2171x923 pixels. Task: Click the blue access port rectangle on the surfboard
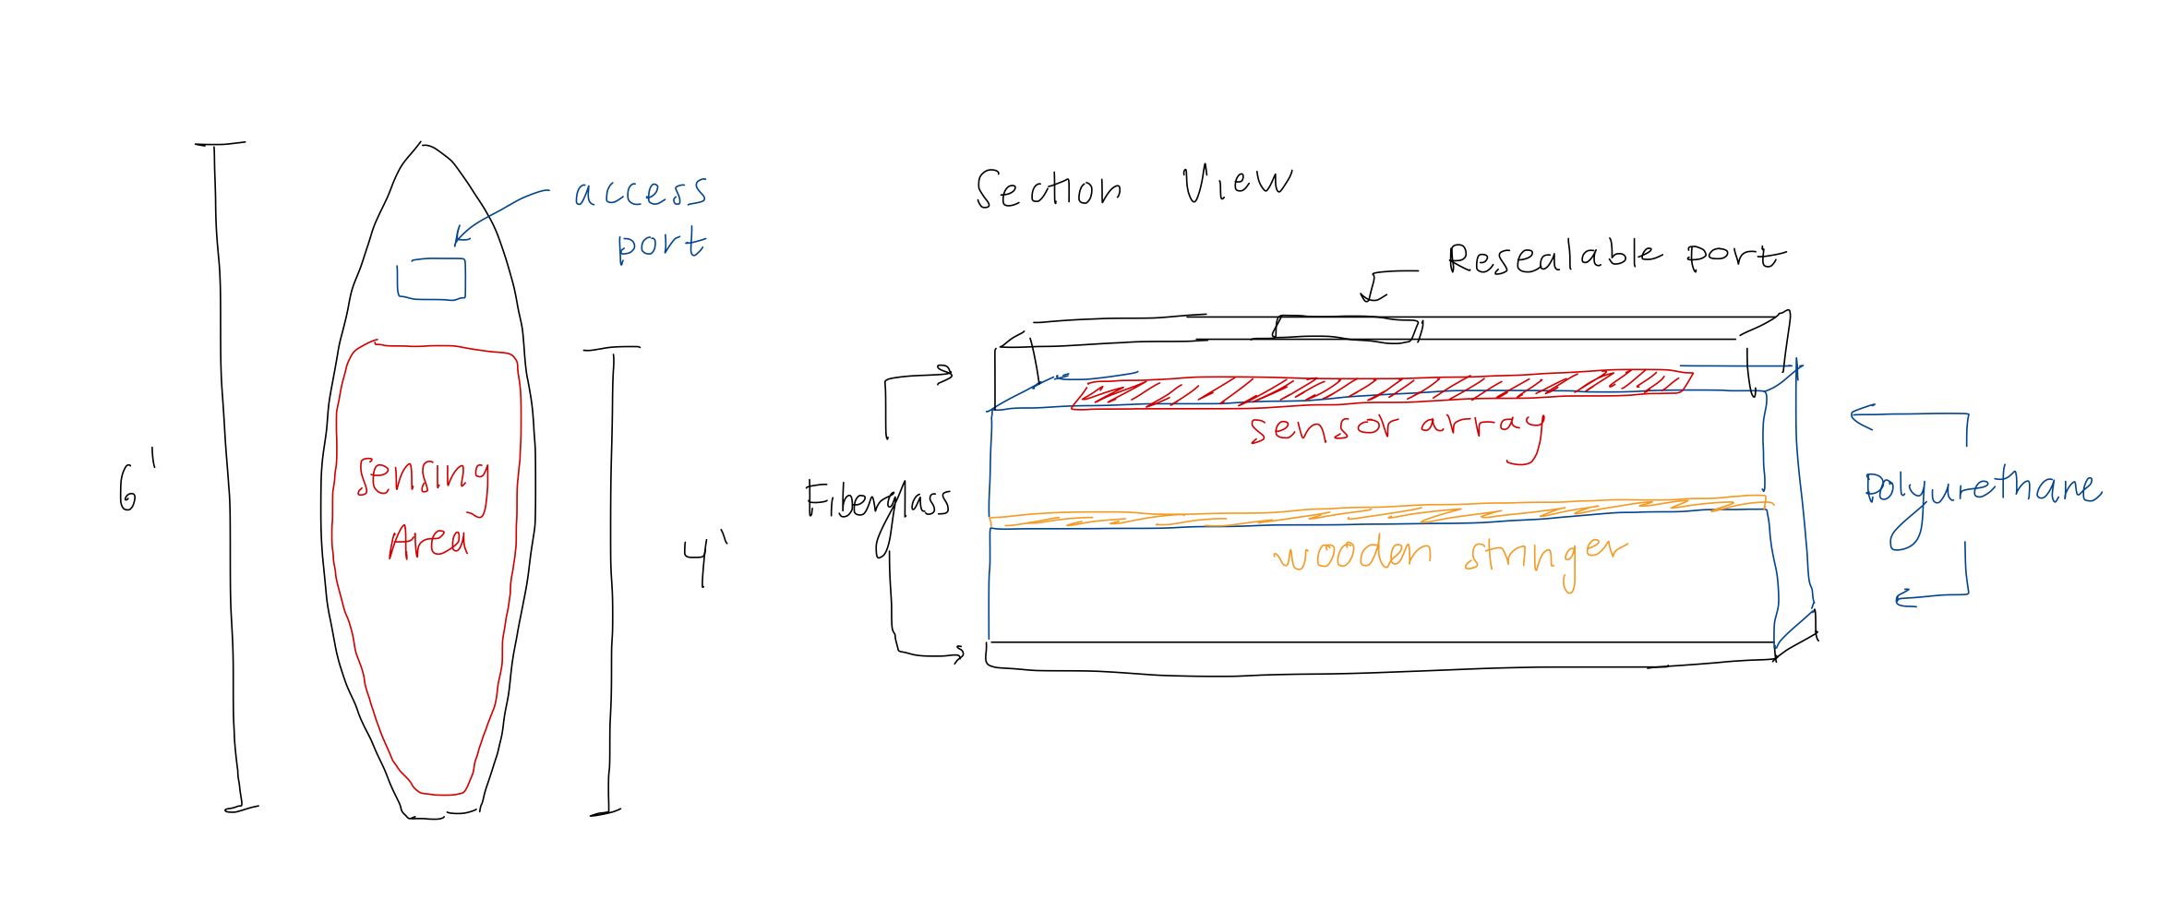click(431, 280)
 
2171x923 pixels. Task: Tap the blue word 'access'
click(641, 192)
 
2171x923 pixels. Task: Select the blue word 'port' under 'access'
click(661, 246)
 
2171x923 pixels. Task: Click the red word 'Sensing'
click(423, 478)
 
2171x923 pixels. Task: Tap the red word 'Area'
click(428, 542)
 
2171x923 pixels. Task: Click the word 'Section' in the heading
click(1049, 189)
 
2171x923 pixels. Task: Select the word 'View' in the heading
click(1237, 183)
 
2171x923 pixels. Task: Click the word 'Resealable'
click(1554, 258)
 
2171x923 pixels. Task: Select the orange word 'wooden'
click(1353, 554)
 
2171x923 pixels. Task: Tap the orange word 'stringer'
click(1545, 556)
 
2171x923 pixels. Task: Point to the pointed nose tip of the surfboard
click(421, 145)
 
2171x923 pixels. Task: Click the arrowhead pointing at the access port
click(459, 239)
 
